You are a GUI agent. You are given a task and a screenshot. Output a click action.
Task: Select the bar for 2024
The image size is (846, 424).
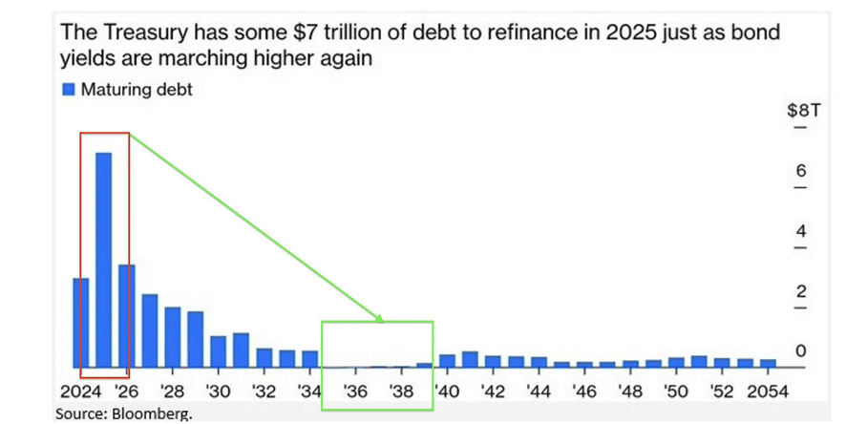tap(81, 323)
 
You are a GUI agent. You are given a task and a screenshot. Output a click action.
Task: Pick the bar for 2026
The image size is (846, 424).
tap(127, 316)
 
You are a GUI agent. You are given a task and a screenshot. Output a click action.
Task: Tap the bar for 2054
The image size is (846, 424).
tap(768, 363)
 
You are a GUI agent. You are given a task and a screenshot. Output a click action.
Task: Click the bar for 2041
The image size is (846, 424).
tap(470, 359)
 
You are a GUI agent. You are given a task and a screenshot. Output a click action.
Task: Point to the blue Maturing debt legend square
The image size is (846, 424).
tap(68, 90)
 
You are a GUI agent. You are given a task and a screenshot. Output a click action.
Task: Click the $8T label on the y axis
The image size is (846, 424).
tap(797, 111)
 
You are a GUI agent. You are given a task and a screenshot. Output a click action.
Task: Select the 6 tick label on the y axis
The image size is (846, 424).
tap(801, 171)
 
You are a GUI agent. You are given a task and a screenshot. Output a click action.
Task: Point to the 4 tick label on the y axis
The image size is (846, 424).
tap(801, 231)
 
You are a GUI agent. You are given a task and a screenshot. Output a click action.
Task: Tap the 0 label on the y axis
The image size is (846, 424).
tap(801, 351)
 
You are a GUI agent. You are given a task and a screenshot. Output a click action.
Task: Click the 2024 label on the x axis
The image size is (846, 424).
tap(80, 392)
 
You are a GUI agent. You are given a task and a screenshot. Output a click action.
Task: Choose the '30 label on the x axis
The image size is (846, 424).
tap(218, 392)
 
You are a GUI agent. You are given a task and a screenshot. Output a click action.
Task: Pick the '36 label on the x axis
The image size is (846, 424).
tap(355, 392)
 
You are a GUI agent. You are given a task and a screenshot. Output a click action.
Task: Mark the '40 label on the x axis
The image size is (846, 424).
tap(447, 392)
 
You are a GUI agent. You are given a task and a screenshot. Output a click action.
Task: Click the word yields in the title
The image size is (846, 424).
tap(84, 57)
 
